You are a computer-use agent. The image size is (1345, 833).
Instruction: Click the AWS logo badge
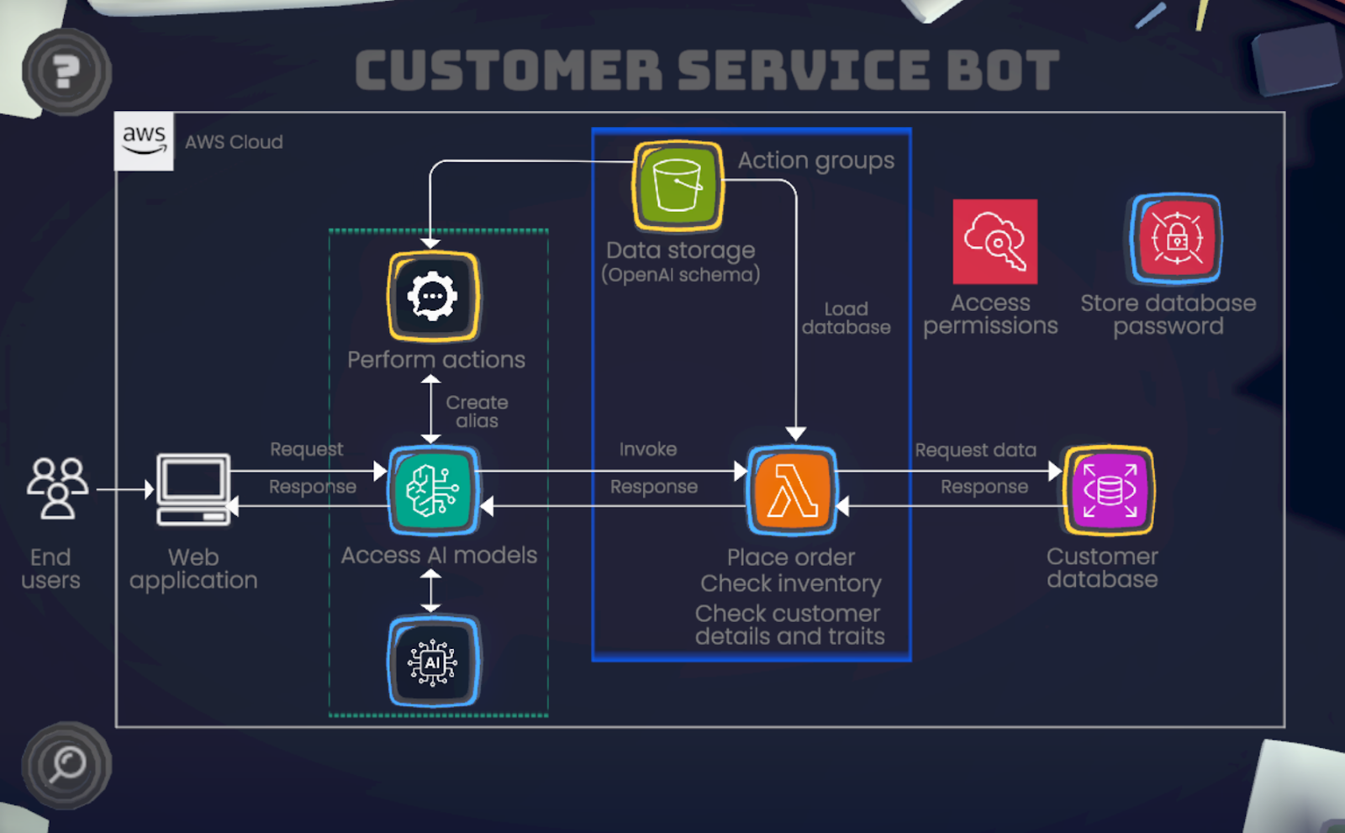click(x=144, y=140)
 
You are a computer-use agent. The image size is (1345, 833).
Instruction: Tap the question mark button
click(x=66, y=71)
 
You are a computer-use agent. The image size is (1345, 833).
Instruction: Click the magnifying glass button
click(x=66, y=765)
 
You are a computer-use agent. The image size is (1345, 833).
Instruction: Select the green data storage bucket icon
click(x=678, y=186)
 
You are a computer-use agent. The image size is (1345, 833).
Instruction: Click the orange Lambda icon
click(x=792, y=490)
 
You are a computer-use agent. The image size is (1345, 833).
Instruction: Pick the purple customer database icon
click(x=1109, y=491)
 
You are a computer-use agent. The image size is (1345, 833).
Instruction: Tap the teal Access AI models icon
click(x=433, y=490)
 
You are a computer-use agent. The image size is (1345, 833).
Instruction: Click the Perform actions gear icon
click(x=433, y=297)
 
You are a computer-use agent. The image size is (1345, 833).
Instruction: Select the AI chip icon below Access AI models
click(x=433, y=662)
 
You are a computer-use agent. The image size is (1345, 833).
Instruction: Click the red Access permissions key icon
click(x=994, y=241)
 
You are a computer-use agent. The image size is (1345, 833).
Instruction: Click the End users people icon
click(x=57, y=488)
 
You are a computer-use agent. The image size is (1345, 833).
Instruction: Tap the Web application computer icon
click(x=193, y=489)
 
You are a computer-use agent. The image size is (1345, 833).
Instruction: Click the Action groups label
click(x=815, y=160)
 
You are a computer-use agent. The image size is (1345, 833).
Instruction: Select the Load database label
click(x=846, y=319)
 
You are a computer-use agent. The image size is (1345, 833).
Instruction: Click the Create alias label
click(x=477, y=412)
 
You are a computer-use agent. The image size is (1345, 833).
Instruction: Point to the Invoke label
click(x=648, y=450)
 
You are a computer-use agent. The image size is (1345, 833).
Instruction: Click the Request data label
click(x=975, y=451)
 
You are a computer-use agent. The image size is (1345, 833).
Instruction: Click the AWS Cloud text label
click(x=234, y=142)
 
